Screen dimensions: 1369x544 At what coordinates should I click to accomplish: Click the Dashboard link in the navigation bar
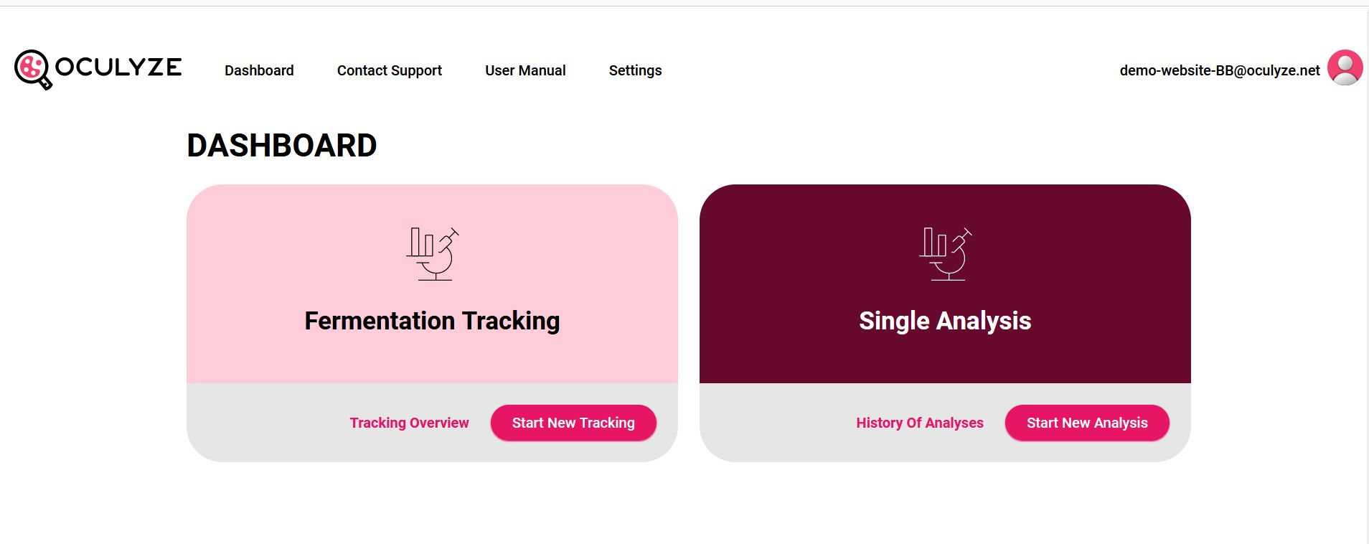[259, 70]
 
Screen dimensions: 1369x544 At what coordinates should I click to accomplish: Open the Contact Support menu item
[390, 70]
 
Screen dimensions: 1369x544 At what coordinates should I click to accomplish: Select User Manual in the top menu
[525, 70]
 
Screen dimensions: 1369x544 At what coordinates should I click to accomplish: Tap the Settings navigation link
[635, 70]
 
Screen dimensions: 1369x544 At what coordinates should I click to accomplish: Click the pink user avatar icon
[1345, 67]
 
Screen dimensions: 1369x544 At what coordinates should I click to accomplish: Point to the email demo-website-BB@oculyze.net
[1220, 70]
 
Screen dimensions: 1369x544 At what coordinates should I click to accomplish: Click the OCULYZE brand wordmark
[118, 67]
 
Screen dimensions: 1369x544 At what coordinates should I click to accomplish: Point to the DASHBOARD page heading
[282, 146]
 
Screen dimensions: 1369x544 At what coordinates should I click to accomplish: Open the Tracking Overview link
[409, 423]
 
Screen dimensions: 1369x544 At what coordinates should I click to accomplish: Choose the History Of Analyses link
[920, 423]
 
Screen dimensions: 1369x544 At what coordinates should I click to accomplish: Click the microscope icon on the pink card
[433, 254]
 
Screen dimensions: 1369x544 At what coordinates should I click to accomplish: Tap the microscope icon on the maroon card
[946, 254]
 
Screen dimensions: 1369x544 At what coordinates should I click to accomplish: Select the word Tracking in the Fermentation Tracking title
[511, 322]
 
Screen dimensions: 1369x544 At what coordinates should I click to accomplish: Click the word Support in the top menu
[416, 71]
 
